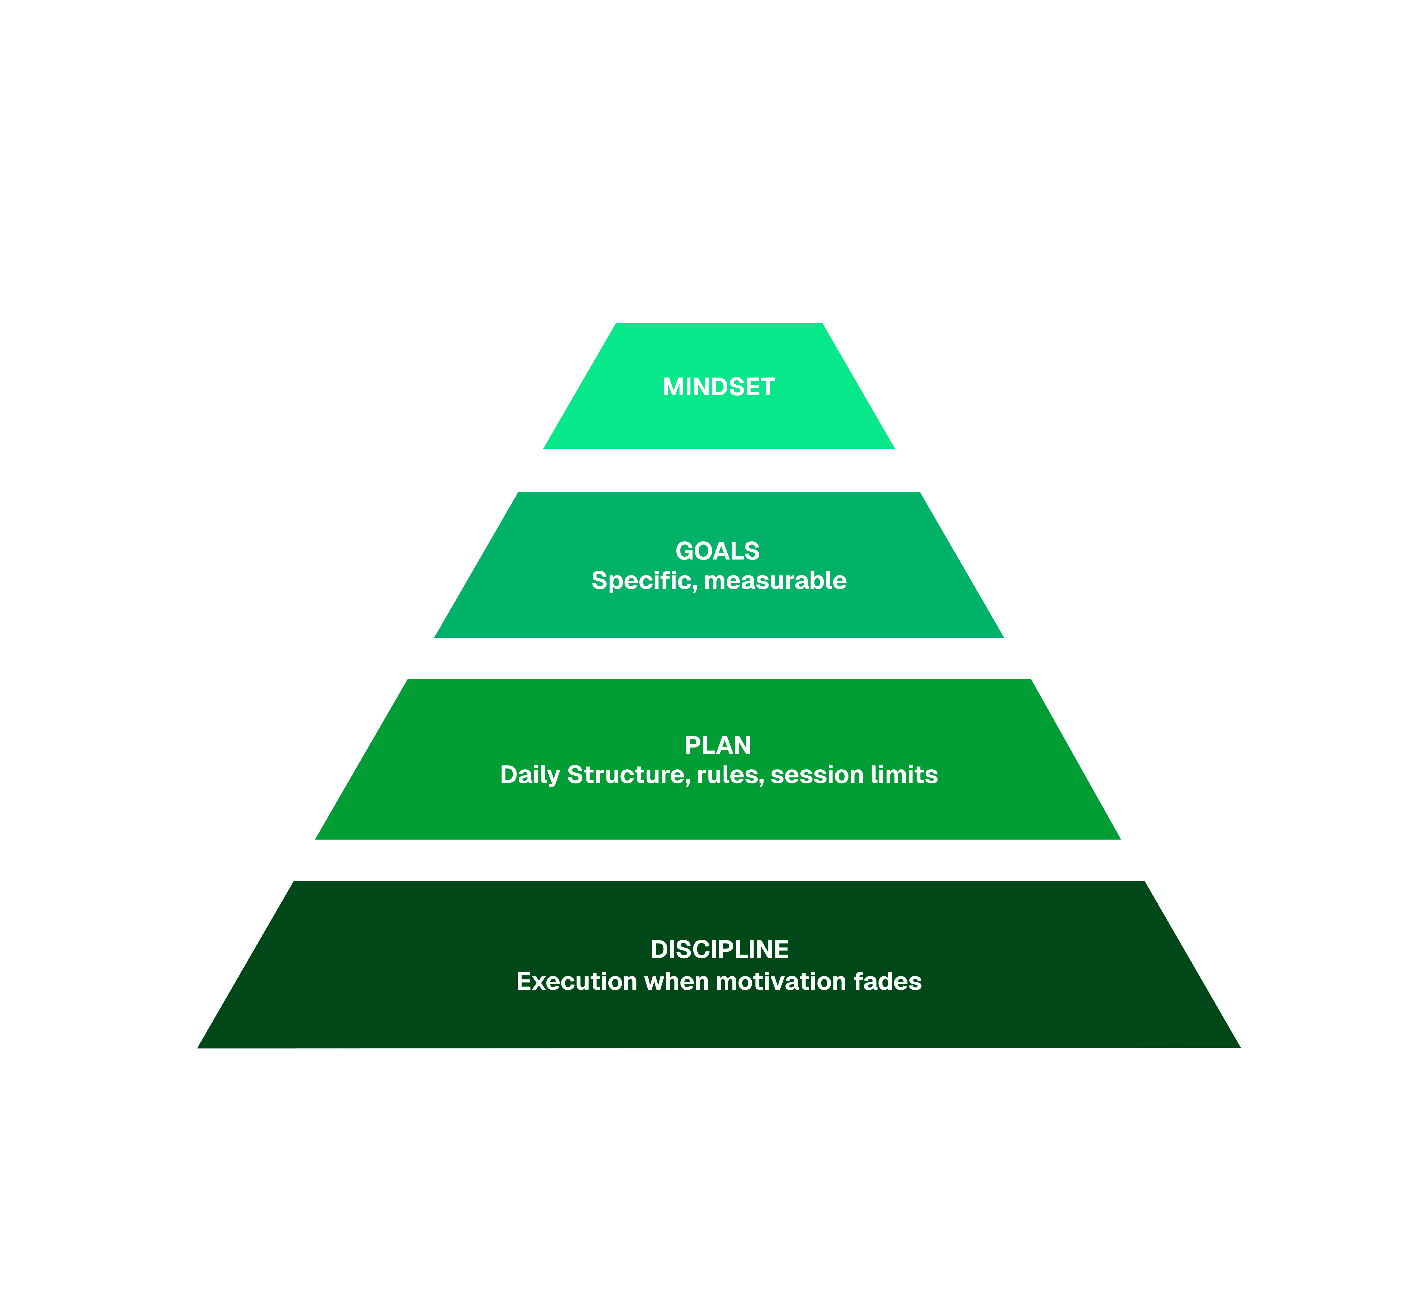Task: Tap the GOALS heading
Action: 718,551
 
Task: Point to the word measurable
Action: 775,581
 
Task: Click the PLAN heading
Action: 718,745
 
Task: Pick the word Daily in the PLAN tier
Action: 530,775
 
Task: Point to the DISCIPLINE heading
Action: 719,950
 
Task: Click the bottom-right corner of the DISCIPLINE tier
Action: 1238,1047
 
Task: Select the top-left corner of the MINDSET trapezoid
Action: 616,324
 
